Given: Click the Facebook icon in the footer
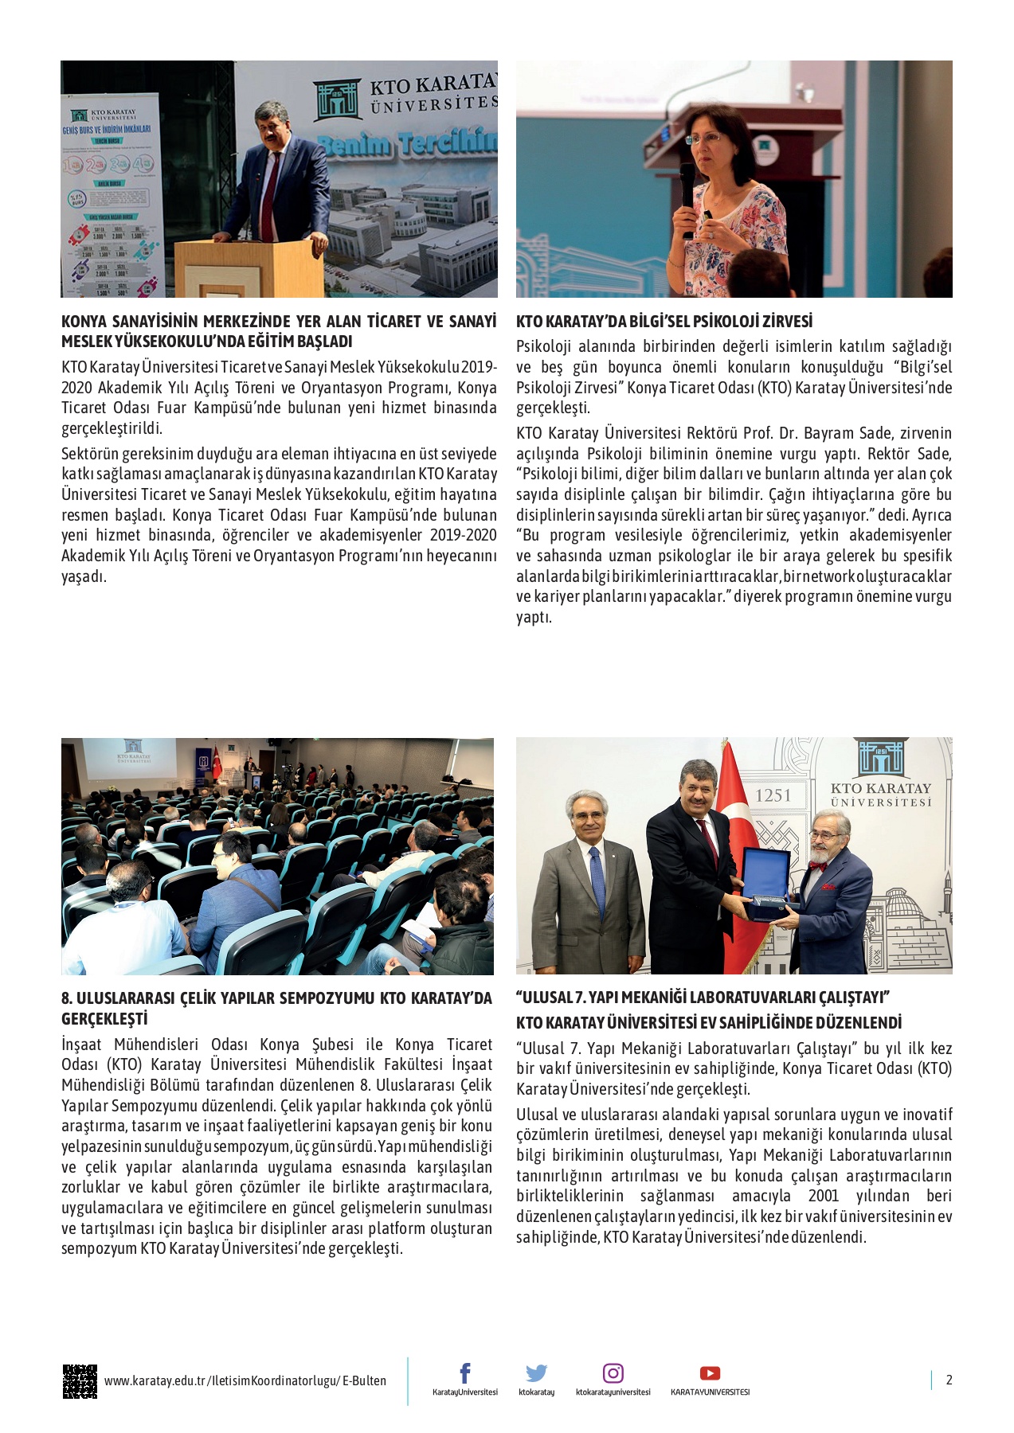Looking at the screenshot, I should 465,1372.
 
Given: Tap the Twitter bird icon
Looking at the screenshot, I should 536,1372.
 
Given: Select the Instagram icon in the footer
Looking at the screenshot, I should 613,1372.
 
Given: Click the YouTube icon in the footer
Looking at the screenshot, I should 710,1372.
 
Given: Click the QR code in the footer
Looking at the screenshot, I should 80,1381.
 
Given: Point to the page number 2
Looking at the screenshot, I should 949,1380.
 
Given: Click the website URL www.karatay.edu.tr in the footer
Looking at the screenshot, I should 245,1381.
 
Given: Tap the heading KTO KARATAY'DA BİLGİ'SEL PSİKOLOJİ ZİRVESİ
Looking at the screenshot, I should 664,322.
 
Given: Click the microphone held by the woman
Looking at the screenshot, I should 687,195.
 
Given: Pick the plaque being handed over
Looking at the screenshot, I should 765,884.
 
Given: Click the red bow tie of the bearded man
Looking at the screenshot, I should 818,865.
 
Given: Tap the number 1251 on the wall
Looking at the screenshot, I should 773,795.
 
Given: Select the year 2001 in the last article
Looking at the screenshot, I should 824,1196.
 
